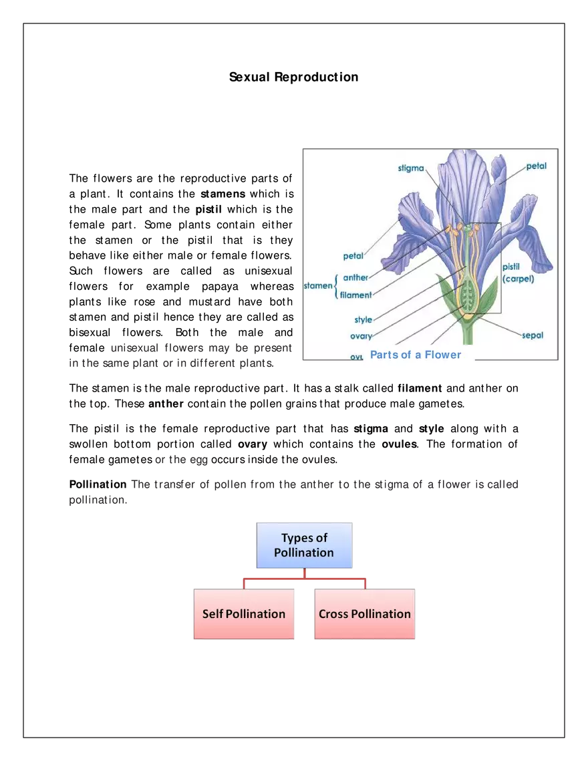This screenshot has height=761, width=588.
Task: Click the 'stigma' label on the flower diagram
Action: (x=411, y=168)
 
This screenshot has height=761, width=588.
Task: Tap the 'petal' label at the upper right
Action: (x=536, y=166)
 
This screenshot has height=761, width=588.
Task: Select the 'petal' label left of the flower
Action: (x=353, y=256)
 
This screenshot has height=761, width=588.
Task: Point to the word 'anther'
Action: (x=355, y=278)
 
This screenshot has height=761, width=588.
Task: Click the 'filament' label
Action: (x=355, y=295)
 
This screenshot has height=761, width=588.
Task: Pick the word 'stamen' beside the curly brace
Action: (x=317, y=286)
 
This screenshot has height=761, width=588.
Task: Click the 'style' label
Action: (x=363, y=320)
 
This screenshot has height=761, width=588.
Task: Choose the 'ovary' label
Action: (x=361, y=336)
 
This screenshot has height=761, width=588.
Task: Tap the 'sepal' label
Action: (x=533, y=335)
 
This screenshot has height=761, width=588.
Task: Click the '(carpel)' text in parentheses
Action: (x=518, y=279)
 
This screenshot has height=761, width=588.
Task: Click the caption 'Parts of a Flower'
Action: (x=416, y=355)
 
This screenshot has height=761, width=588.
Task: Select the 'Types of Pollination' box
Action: (x=304, y=545)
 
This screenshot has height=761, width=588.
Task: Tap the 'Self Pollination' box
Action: (x=244, y=614)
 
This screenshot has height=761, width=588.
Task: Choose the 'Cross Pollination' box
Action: (x=364, y=614)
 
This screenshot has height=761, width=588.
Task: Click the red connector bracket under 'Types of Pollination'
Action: (x=305, y=579)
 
